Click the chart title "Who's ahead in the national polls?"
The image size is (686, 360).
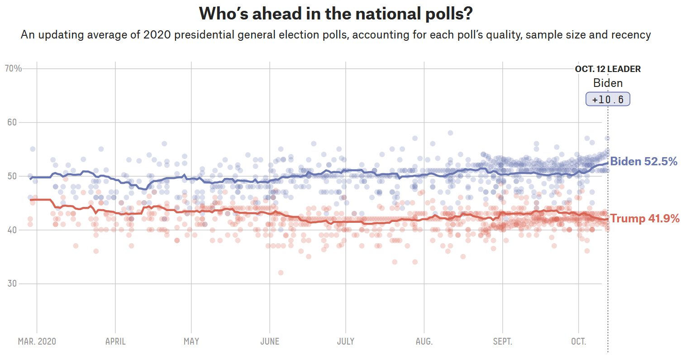pos(336,14)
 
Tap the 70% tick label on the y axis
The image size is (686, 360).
pos(13,68)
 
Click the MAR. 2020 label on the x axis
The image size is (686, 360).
pos(37,341)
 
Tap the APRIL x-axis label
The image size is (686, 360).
pos(115,341)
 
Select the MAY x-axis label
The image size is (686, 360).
pos(191,341)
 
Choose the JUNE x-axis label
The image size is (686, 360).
pos(270,341)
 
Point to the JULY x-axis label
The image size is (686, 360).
pos(346,341)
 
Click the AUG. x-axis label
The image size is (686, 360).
pos(424,341)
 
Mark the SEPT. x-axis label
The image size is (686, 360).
pos(502,341)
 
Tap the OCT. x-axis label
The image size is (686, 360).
pos(578,341)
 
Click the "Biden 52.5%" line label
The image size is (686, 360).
pos(643,162)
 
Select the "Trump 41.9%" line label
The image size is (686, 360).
pos(645,219)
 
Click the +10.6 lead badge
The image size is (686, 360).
pos(608,99)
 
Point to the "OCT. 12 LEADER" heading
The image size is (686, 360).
pos(608,69)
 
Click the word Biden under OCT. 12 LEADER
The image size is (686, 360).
pos(608,83)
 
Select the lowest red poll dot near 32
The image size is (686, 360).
pos(281,273)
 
